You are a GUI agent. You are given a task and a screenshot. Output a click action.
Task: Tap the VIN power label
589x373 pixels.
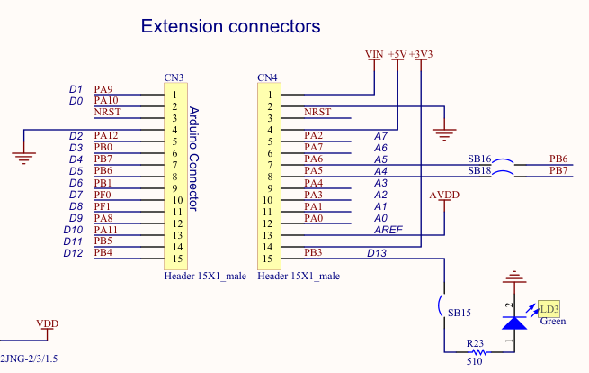coord(374,54)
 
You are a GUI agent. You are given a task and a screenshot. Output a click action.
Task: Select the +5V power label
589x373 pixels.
coord(397,54)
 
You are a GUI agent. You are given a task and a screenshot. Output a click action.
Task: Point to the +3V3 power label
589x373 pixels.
coord(421,54)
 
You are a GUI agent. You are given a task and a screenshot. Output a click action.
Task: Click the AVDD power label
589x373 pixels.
coord(444,195)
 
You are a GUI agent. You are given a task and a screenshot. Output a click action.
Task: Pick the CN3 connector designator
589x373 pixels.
coord(174,77)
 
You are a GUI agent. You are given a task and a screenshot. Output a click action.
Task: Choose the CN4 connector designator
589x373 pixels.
coord(267,77)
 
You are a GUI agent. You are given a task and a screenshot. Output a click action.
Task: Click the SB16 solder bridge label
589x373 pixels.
coord(479,159)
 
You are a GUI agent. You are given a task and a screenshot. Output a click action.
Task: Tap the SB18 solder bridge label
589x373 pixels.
coord(479,171)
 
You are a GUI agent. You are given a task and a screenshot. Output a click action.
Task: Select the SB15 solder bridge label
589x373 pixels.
coord(459,313)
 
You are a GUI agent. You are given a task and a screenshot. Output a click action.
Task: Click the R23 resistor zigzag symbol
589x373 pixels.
coord(479,352)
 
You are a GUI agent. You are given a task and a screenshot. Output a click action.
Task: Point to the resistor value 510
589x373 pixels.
coord(475,361)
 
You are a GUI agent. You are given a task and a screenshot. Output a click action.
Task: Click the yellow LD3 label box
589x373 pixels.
coord(549,309)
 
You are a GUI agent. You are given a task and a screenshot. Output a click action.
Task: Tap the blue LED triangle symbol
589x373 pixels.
coord(514,323)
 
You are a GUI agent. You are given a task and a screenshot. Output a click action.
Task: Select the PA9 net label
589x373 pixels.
coord(103,89)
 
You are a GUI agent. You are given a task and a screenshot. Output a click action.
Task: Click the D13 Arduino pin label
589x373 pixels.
coord(377,253)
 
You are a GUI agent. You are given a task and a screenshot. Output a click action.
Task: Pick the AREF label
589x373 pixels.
coord(388,230)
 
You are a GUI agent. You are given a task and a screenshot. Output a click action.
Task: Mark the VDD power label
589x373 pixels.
coord(48,323)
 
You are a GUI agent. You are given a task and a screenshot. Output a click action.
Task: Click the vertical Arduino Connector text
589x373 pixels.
coord(193,159)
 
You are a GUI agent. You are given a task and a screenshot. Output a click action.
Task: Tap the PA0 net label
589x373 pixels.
coord(314,218)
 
